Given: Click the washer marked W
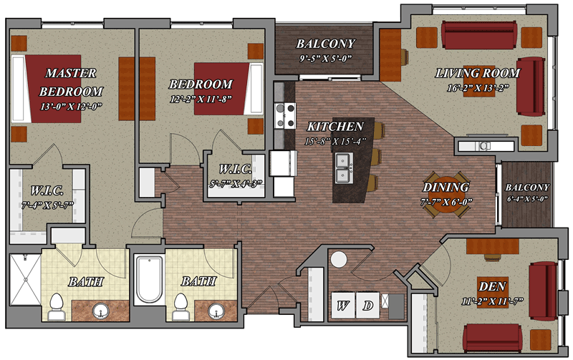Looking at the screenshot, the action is coord(343,305).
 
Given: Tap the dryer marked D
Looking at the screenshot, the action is coord(367,305).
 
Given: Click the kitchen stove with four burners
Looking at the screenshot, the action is coord(285,116).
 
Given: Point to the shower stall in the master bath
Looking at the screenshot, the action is coord(26,279).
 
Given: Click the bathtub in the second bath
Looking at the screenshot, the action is coord(149,279).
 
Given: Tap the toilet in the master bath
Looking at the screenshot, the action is coord(57,306).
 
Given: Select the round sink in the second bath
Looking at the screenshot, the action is coord(216,311).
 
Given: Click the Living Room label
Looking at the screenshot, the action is coord(478,73).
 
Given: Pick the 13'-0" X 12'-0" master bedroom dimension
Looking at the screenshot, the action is coord(71,107).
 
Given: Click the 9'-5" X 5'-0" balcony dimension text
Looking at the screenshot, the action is coord(325,59).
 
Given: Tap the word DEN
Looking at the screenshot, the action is coord(492,286).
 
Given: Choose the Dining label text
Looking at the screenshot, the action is coord(446,188).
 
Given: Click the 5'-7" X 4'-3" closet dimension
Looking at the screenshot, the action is coord(236,184).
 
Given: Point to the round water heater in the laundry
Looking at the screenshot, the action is coord(339,259).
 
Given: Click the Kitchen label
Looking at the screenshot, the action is coord(335,127).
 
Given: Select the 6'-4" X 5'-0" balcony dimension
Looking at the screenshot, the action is coord(527,199).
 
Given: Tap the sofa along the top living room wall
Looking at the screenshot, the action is coord(478,35).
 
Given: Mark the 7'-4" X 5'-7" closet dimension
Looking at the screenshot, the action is coord(47,205).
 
